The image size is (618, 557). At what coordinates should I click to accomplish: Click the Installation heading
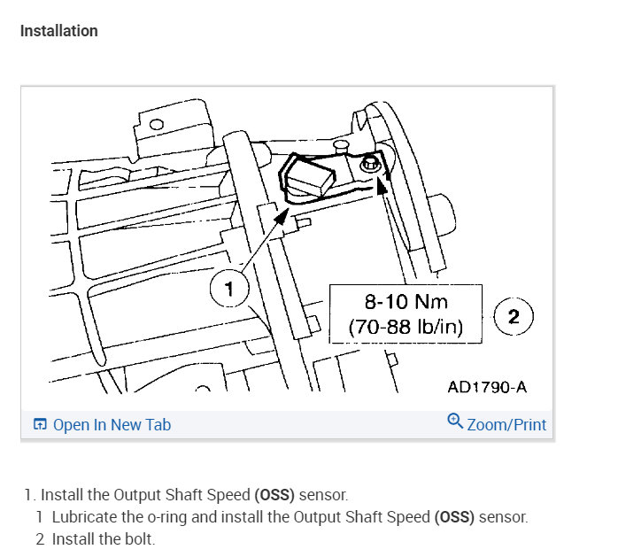click(x=59, y=31)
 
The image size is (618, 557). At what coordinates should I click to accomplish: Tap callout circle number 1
click(x=229, y=288)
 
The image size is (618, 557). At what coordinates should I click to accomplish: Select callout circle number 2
click(x=514, y=316)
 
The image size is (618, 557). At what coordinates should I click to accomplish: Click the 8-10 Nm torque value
click(x=406, y=302)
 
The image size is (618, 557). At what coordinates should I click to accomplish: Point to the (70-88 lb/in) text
click(x=406, y=327)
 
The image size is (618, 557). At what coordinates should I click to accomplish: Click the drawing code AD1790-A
click(x=487, y=387)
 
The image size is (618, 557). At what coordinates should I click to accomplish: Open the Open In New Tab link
click(x=112, y=425)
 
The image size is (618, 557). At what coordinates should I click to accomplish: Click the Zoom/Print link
click(x=506, y=425)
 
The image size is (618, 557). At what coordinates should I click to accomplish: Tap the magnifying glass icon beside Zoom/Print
click(x=455, y=421)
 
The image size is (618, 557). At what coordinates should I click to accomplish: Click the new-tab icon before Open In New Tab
click(x=40, y=424)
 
